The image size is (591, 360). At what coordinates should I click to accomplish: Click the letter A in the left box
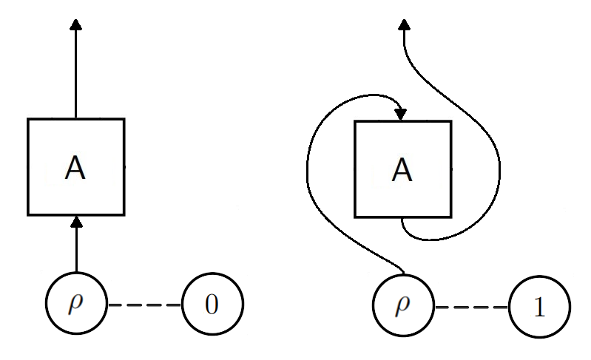(x=75, y=169)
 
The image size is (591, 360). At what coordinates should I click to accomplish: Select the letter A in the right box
(x=402, y=171)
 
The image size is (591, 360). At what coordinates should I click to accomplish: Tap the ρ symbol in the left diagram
(x=76, y=305)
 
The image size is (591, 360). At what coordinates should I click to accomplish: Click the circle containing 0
(x=212, y=305)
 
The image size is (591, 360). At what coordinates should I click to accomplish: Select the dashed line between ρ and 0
(x=144, y=305)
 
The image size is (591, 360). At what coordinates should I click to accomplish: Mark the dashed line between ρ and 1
(x=472, y=306)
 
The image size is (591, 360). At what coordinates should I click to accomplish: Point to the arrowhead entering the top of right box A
(x=401, y=115)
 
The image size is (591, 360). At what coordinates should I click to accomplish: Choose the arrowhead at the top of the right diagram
(x=403, y=26)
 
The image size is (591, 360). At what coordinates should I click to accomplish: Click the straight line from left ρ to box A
(x=75, y=251)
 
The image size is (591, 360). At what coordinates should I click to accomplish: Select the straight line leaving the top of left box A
(x=75, y=74)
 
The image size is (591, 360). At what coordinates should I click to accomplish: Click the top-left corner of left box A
(x=28, y=119)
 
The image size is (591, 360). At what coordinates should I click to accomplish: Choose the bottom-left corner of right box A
(x=356, y=217)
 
